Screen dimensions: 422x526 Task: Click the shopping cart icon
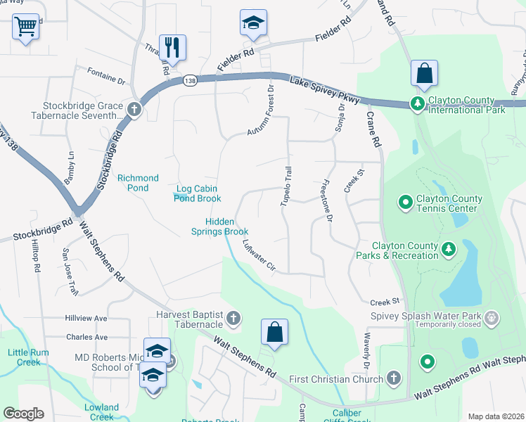tap(25, 27)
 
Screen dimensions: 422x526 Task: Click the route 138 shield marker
tap(191, 82)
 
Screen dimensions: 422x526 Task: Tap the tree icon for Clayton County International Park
tap(418, 104)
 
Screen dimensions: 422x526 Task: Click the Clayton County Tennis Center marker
tap(405, 203)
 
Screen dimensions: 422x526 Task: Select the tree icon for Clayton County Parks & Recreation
tap(448, 249)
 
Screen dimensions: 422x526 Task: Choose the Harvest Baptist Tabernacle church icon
tap(233, 319)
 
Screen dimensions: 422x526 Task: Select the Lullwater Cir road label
tap(257, 255)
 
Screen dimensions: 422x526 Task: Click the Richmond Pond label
tap(138, 183)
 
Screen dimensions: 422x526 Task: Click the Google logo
tap(24, 414)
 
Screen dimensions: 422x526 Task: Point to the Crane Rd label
tap(373, 132)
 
